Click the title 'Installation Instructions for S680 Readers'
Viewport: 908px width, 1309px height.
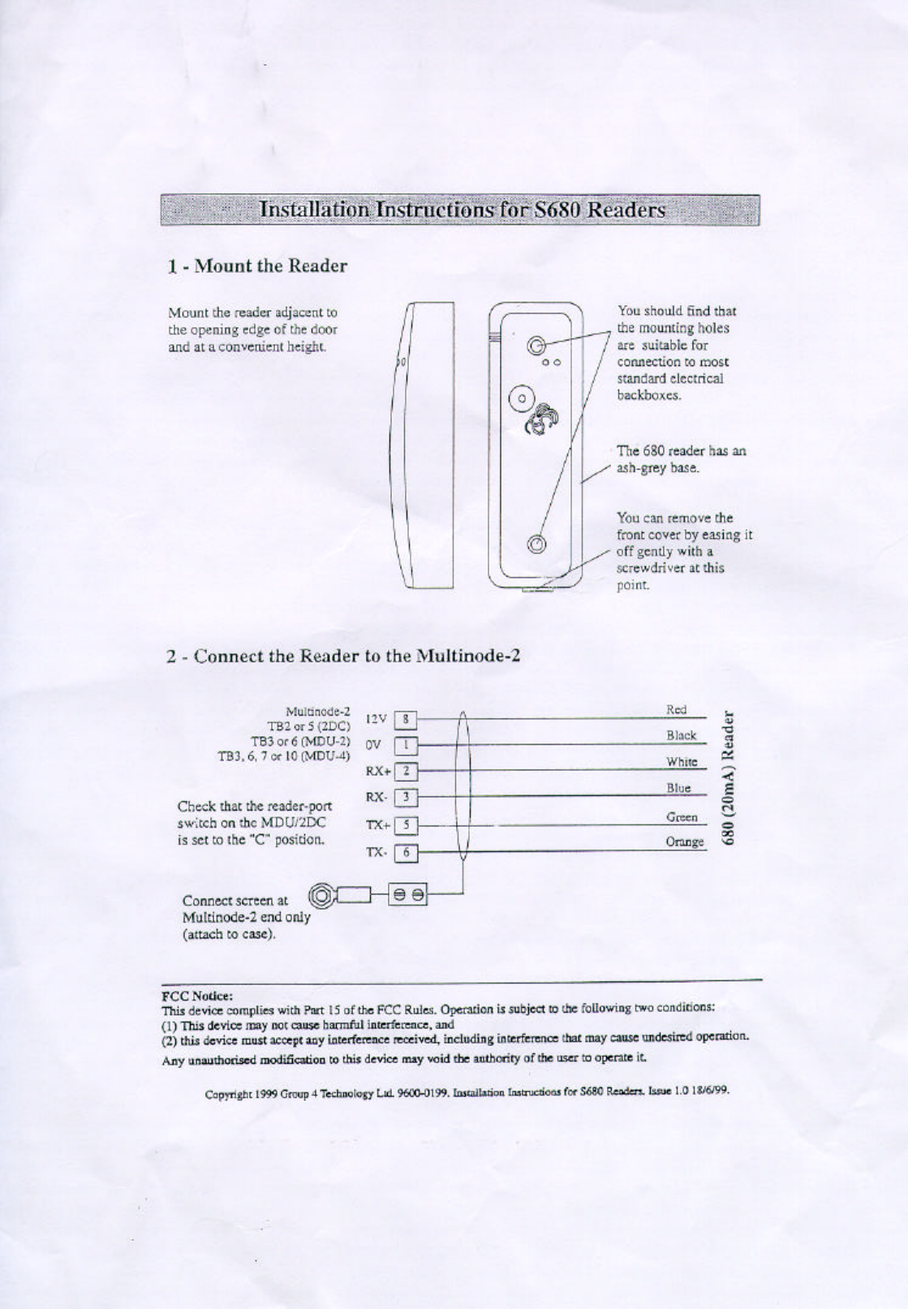point(461,209)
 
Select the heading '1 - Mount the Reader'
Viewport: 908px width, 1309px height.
point(257,266)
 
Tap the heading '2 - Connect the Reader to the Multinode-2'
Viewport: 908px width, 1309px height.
point(342,656)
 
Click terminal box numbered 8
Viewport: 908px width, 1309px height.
point(406,719)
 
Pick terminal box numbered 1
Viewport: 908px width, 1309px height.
point(406,744)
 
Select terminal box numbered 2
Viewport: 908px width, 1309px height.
point(406,771)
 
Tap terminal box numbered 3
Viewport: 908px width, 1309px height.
point(406,798)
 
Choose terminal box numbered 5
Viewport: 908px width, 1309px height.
point(406,826)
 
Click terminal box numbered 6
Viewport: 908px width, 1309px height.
point(406,853)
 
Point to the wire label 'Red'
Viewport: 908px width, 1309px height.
point(676,709)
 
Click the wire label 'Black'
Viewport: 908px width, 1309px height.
point(681,735)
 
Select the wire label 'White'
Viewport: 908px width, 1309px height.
point(682,762)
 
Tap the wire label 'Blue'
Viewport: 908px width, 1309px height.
point(678,788)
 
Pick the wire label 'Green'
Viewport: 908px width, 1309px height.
point(682,817)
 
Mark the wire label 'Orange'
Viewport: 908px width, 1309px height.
point(684,842)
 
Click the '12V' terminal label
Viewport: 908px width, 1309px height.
point(377,719)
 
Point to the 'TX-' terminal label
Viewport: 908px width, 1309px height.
point(375,853)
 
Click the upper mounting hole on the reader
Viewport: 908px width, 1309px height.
point(535,347)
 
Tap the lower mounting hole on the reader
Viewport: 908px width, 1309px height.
point(535,545)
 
